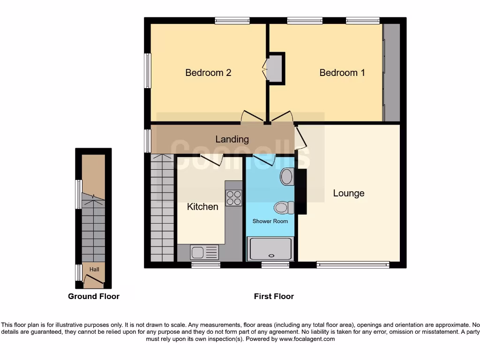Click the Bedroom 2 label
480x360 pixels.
[x=208, y=73]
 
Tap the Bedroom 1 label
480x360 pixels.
[x=342, y=73]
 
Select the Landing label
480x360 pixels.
[x=232, y=139]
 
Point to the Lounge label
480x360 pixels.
[x=348, y=193]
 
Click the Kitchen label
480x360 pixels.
[x=202, y=207]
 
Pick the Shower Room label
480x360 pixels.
[x=270, y=221]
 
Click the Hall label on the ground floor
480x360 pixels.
[x=94, y=270]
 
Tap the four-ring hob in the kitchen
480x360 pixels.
[x=233, y=198]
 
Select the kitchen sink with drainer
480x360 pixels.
[x=204, y=252]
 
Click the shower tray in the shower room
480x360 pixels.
[x=270, y=248]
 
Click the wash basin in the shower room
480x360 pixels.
[x=286, y=177]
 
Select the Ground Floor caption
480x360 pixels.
[x=94, y=296]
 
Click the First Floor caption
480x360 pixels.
[x=274, y=296]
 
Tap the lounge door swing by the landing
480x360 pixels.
[x=300, y=139]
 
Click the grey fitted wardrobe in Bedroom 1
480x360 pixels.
[x=391, y=73]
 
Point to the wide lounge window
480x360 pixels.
[x=352, y=265]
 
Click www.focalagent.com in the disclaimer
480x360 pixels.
[x=307, y=339]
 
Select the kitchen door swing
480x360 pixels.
[x=211, y=160]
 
